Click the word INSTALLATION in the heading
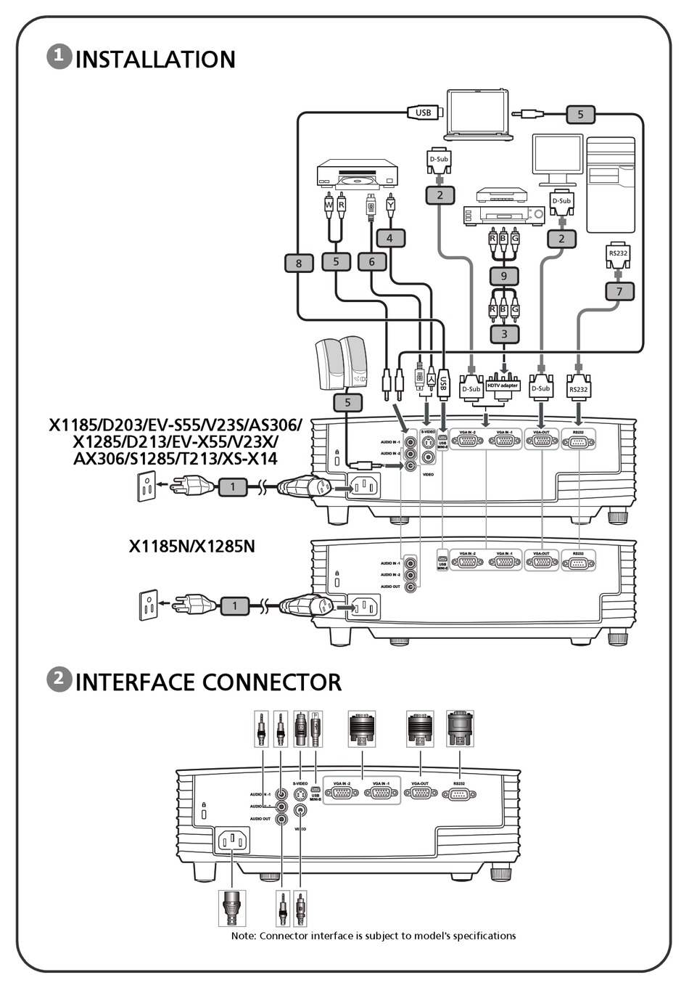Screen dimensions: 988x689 tap(155, 60)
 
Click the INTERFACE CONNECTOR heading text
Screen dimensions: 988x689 tap(208, 682)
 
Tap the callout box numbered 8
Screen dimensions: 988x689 tap(298, 263)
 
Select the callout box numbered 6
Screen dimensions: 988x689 tap(372, 261)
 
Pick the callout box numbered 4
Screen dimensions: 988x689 tap(390, 238)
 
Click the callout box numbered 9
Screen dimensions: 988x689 tap(504, 276)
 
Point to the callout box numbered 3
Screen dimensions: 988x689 tap(504, 334)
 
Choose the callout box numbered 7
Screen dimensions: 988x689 tap(619, 291)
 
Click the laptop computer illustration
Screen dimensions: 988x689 tap(479, 114)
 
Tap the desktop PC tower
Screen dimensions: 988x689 tap(611, 185)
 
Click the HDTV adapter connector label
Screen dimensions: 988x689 tap(503, 385)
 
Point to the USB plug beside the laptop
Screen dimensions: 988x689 tap(424, 113)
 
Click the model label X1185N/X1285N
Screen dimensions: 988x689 tap(192, 546)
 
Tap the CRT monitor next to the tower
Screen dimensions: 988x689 tap(558, 160)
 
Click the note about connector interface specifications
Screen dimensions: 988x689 tap(374, 936)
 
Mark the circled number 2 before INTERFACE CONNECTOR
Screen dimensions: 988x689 tap(59, 679)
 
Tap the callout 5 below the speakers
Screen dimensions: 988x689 tap(347, 402)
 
